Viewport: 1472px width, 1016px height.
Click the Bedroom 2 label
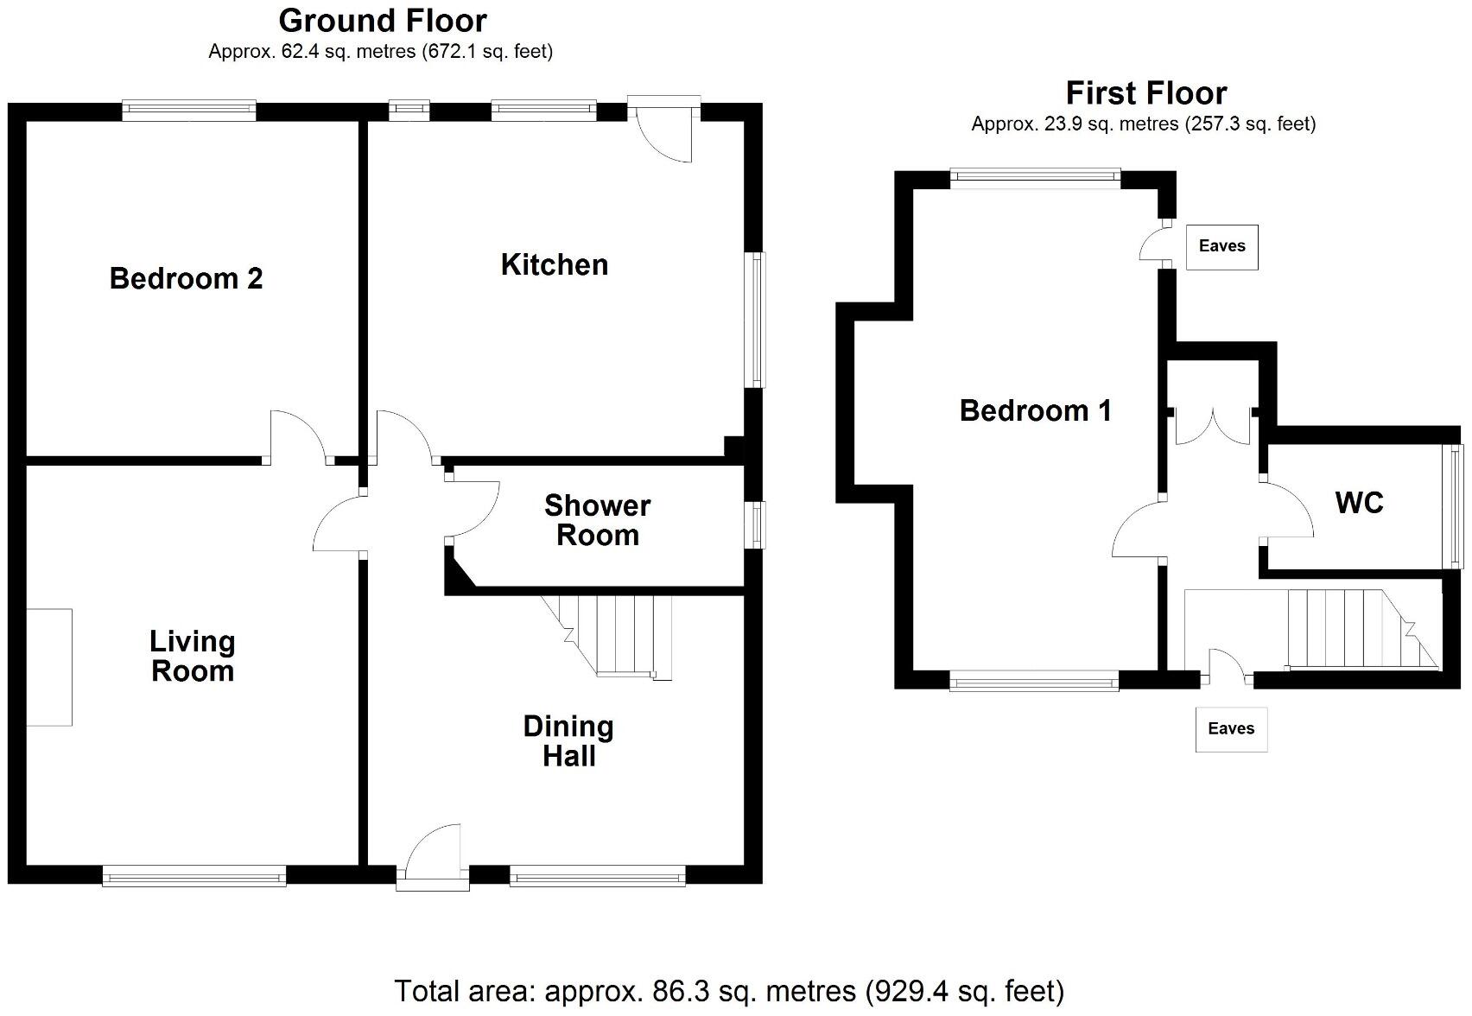click(186, 278)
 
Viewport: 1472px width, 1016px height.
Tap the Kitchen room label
click(554, 264)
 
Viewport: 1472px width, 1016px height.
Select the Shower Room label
click(597, 520)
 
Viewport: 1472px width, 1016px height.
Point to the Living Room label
click(192, 656)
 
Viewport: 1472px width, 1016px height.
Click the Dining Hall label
click(568, 740)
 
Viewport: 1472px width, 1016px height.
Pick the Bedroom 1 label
click(1035, 410)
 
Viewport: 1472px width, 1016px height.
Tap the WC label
click(1359, 502)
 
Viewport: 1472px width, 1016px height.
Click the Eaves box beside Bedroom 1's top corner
click(1221, 246)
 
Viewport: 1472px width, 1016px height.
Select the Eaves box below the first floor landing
click(1231, 728)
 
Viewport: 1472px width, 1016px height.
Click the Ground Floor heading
click(382, 20)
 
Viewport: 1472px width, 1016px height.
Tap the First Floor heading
click(1145, 92)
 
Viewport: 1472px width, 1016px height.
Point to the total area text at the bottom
click(728, 990)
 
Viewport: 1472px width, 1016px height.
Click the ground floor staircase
click(618, 635)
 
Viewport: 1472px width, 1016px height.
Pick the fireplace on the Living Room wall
click(48, 666)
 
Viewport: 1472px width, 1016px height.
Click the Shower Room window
click(756, 524)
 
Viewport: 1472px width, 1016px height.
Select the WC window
click(1456, 505)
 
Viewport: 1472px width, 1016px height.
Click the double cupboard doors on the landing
click(1213, 425)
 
